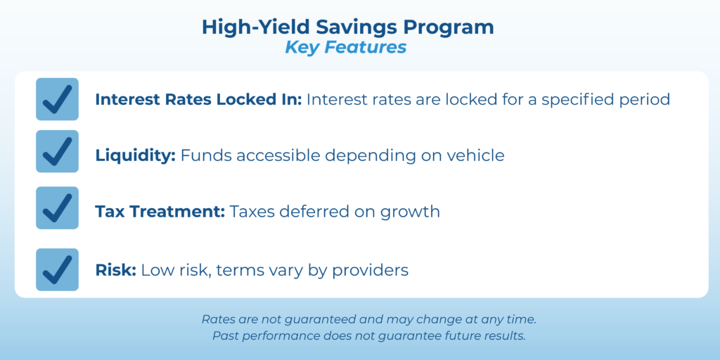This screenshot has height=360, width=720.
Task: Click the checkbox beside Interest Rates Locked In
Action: coord(58,99)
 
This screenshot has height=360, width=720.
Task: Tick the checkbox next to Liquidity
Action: coord(58,152)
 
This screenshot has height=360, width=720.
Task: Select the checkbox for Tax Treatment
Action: coord(58,208)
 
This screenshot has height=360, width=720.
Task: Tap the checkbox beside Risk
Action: coord(58,269)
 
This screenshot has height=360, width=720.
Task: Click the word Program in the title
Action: coord(449,28)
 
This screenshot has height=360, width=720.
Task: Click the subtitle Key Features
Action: coord(346,48)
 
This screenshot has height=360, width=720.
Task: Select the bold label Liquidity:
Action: coord(136,155)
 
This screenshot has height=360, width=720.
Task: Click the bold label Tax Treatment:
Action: coord(160,212)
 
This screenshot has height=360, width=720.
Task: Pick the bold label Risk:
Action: coord(116,270)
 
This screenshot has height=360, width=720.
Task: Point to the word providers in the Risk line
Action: coord(370,271)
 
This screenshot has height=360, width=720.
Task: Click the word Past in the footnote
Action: coord(222,335)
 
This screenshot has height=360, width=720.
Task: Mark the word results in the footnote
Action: coord(508,335)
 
